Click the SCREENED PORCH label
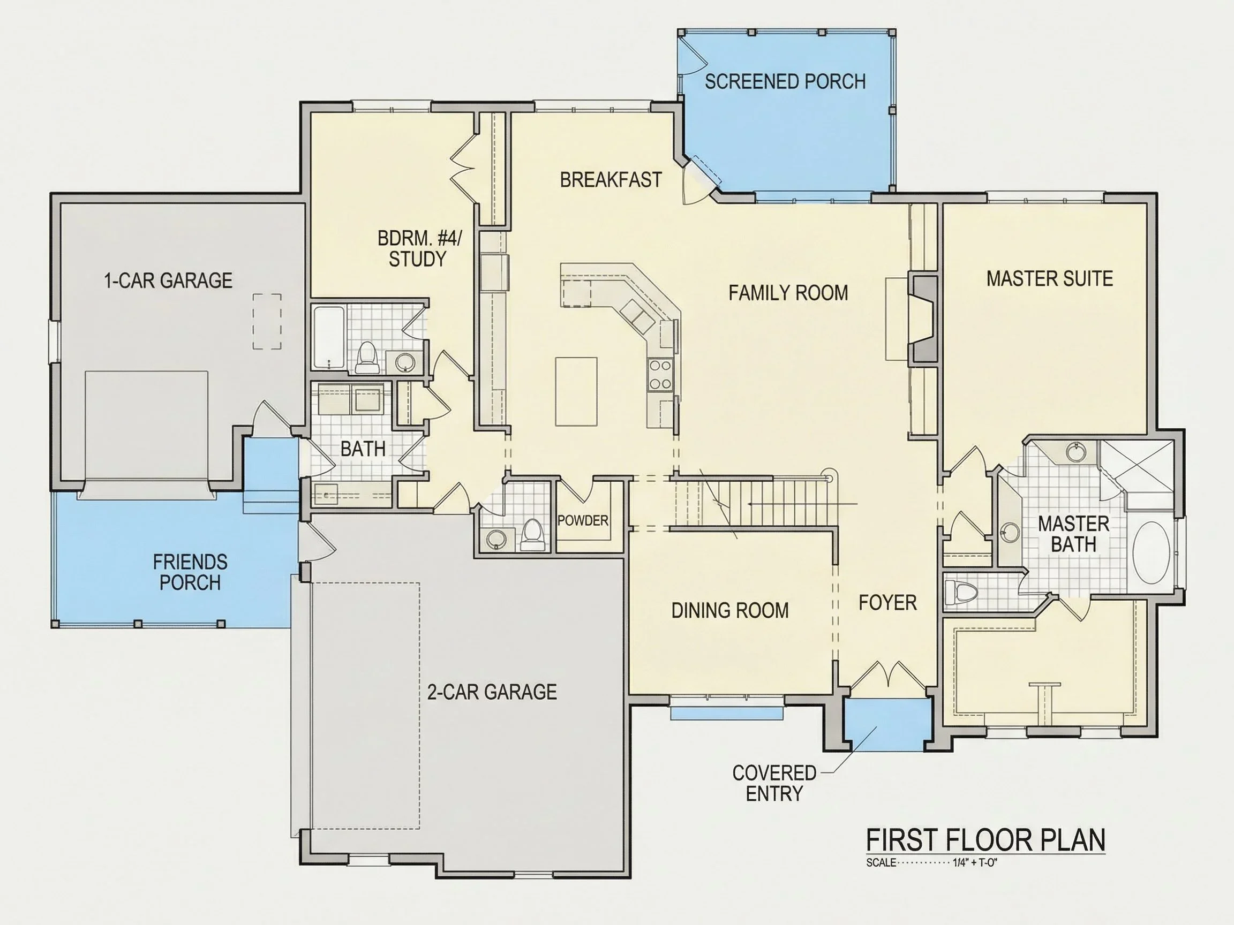(785, 81)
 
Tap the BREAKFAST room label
(611, 179)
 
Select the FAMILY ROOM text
(788, 293)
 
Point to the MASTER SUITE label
(1049, 278)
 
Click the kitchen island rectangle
(576, 391)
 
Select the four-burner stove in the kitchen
(660, 374)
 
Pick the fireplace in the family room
(923, 319)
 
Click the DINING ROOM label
(729, 611)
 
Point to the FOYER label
(887, 603)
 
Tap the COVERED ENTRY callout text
(774, 783)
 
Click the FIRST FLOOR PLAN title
(985, 840)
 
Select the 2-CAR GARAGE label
(492, 692)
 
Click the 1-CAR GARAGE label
(168, 280)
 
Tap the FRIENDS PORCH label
(190, 572)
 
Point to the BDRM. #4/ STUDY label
(419, 249)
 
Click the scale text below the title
(931, 863)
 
